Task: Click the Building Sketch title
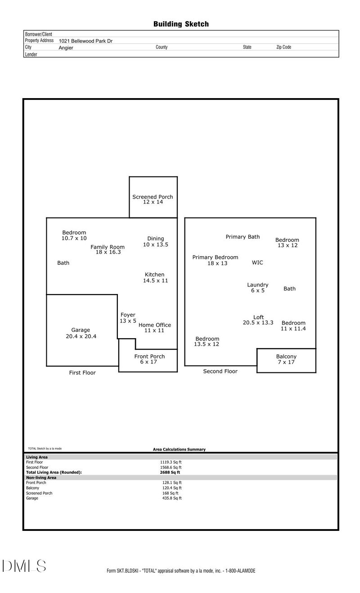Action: point(181,24)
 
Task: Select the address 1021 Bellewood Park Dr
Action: point(85,41)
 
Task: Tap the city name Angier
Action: point(66,47)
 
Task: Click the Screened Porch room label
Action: point(153,197)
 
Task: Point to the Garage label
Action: point(81,330)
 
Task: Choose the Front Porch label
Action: point(149,357)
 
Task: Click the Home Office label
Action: point(154,325)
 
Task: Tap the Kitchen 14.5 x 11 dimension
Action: point(155,281)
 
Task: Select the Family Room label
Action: point(108,247)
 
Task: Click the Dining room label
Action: point(156,239)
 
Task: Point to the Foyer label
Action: point(128,315)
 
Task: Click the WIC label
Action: point(257,263)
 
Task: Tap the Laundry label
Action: point(258,285)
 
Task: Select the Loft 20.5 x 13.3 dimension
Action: point(258,322)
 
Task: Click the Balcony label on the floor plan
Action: point(286,357)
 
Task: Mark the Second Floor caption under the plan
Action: point(220,371)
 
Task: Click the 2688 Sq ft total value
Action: point(170,472)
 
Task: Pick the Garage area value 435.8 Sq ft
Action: point(171,498)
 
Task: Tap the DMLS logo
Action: point(24,566)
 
